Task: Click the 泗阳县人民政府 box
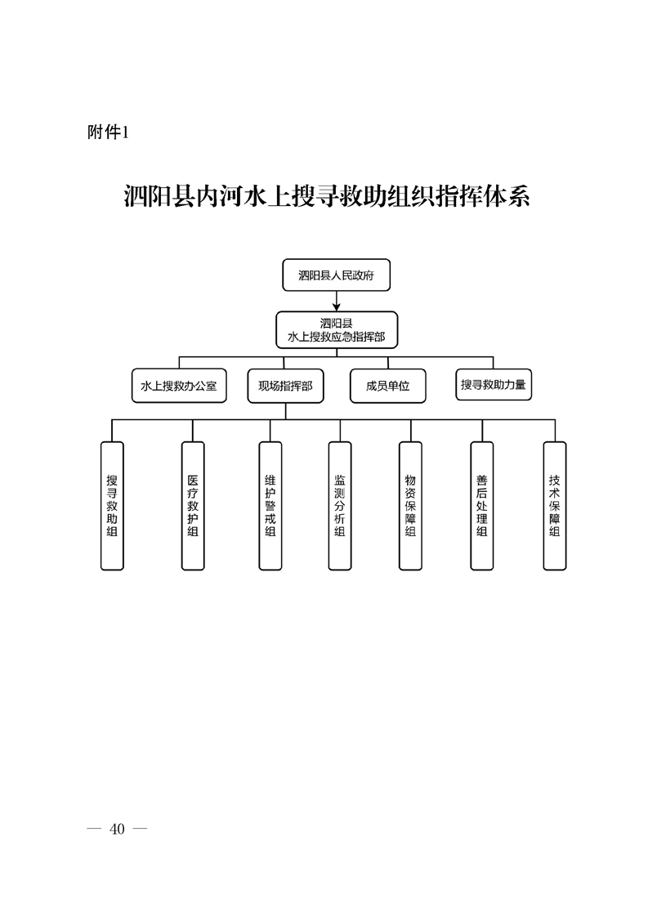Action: click(336, 275)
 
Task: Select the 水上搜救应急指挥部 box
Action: click(336, 329)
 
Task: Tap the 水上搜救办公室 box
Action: click(179, 386)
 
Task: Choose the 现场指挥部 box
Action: click(285, 386)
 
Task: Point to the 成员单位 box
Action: click(387, 386)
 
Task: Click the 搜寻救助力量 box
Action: click(493, 384)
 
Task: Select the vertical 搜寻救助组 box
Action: click(112, 505)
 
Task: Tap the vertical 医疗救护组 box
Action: click(193, 505)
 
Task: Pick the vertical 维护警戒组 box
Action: click(270, 505)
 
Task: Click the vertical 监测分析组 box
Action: click(340, 505)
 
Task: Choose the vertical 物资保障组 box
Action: click(410, 505)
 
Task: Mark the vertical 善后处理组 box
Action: click(482, 505)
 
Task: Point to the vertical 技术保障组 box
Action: click(555, 505)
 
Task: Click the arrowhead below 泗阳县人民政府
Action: click(336, 306)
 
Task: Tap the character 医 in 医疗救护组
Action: click(193, 481)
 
